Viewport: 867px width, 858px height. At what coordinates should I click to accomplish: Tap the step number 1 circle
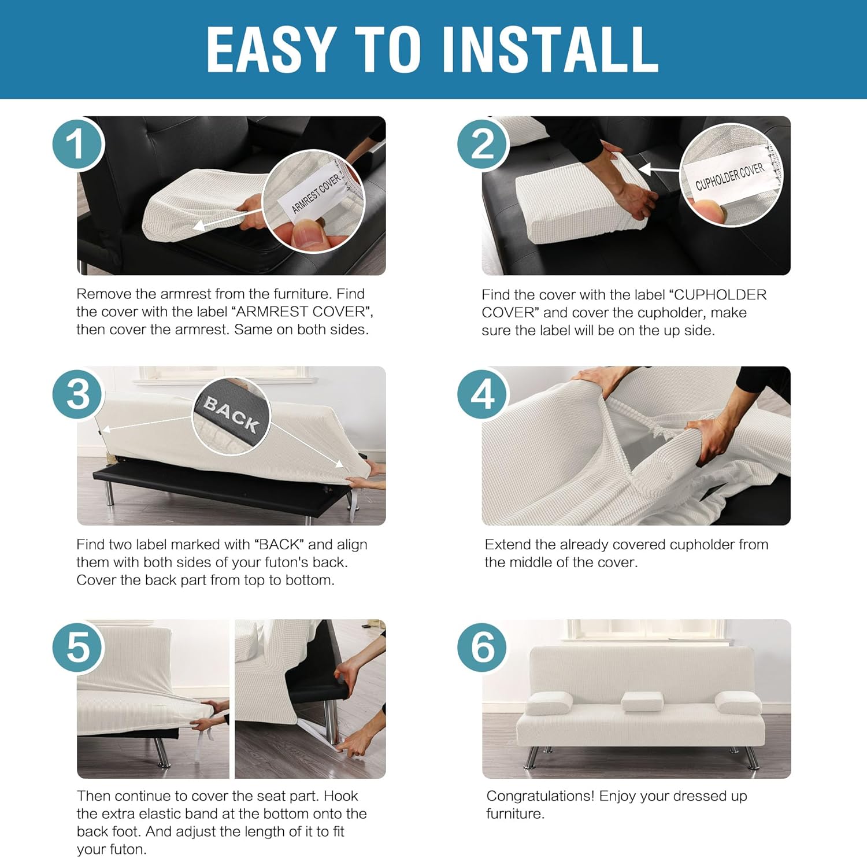77,144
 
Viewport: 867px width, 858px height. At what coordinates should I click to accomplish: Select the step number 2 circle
483,144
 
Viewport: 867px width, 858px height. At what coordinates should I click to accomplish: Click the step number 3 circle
77,395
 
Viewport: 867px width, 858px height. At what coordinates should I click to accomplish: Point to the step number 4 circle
483,395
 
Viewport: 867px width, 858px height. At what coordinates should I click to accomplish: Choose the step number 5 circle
77,646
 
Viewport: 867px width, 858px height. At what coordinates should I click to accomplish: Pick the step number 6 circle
483,646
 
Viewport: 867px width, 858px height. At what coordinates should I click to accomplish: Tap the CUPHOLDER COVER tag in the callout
729,176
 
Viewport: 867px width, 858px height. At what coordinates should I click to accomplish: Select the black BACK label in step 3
231,414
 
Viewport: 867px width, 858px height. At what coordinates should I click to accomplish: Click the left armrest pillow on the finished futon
549,702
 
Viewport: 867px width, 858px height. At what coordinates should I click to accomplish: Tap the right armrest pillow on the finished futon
738,702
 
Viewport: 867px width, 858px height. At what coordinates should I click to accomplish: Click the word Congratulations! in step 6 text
540,796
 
